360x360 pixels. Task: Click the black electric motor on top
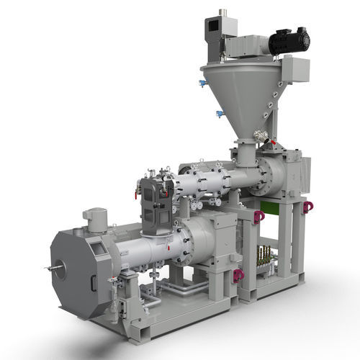(289, 41)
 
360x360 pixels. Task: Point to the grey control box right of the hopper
(295, 70)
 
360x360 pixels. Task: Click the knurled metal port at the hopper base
(258, 135)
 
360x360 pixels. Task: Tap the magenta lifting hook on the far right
(309, 207)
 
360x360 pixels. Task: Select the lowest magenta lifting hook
(238, 274)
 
